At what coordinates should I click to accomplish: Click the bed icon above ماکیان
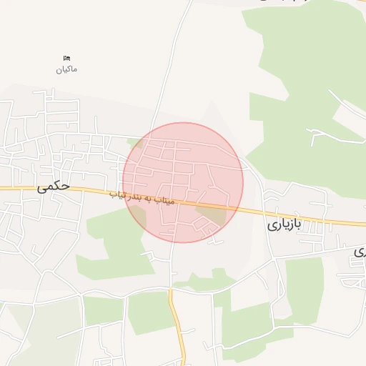click(66, 58)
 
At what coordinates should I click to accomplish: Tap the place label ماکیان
click(66, 69)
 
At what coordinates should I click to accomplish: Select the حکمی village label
click(54, 187)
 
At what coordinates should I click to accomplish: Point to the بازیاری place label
click(285, 224)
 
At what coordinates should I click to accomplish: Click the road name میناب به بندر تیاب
click(143, 197)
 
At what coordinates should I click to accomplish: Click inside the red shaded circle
click(182, 172)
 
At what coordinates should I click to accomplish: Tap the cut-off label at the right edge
click(361, 252)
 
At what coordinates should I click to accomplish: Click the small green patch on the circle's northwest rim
click(135, 143)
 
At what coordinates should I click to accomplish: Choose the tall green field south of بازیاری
click(304, 286)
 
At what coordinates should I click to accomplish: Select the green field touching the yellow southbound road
click(150, 311)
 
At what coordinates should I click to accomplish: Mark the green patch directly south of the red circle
click(207, 280)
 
